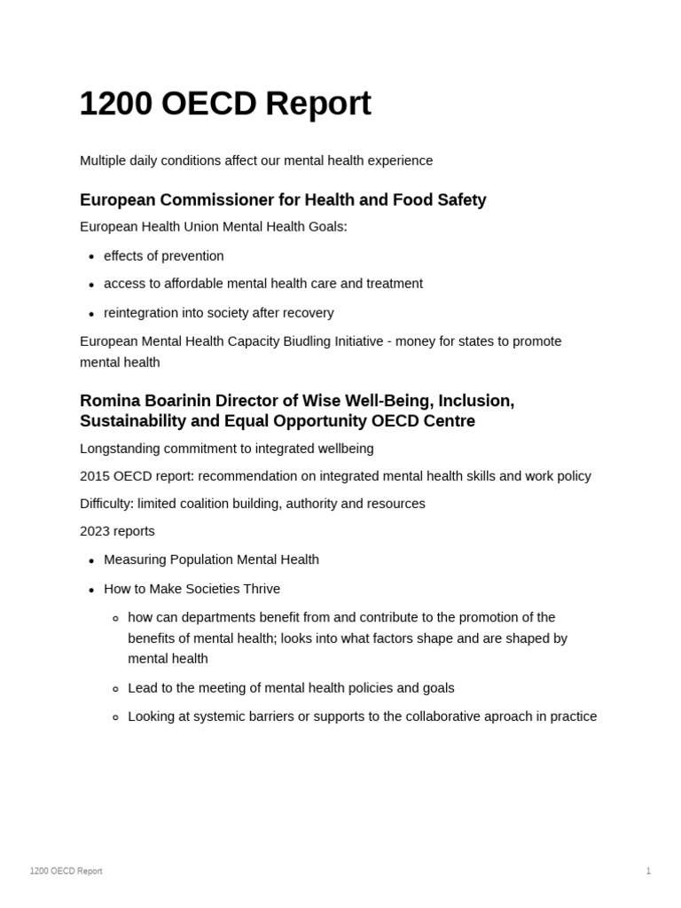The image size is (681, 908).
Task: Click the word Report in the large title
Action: coord(317,105)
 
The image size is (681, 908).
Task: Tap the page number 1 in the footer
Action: coord(648,871)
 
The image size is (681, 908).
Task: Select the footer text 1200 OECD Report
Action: coord(66,871)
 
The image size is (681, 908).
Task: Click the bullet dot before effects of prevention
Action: coord(91,257)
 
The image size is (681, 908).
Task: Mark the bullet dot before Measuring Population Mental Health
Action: coord(91,561)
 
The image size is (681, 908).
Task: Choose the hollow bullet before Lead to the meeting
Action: coord(115,689)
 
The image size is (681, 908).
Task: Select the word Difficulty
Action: coord(106,504)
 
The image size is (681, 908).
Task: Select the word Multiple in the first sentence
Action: coord(104,160)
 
